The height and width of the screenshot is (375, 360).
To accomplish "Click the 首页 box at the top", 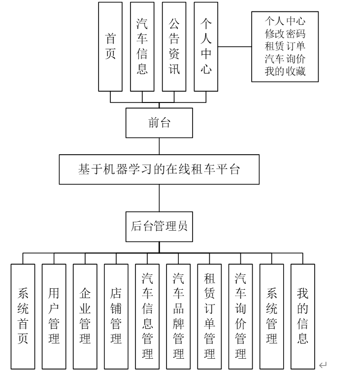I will pyautogui.click(x=111, y=47).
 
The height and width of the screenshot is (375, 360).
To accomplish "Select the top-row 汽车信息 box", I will pyautogui.click(x=142, y=47).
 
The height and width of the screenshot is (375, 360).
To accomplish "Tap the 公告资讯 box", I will pyautogui.click(x=174, y=47).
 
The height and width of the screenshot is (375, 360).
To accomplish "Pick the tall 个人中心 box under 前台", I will pyautogui.click(x=206, y=47).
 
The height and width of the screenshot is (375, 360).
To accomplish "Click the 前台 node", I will pyautogui.click(x=159, y=123).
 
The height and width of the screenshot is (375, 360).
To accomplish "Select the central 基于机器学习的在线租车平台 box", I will pyautogui.click(x=159, y=170).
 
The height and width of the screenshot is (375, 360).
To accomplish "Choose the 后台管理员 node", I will pyautogui.click(x=159, y=227).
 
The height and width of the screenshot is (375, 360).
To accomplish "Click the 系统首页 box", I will pyautogui.click(x=23, y=316).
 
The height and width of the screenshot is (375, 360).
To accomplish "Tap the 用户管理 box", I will pyautogui.click(x=54, y=316).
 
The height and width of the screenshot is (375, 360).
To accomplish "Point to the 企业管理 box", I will pyautogui.click(x=85, y=316).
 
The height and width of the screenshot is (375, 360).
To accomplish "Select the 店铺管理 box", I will pyautogui.click(x=116, y=316).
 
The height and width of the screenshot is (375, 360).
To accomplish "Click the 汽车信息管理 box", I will pyautogui.click(x=147, y=316).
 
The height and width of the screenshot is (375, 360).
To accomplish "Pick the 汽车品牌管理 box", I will pyautogui.click(x=178, y=316).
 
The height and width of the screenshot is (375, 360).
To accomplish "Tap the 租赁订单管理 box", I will pyautogui.click(x=209, y=316).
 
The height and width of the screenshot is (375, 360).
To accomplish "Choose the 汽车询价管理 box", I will pyautogui.click(x=240, y=316).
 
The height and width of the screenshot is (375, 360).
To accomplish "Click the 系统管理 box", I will pyautogui.click(x=271, y=316).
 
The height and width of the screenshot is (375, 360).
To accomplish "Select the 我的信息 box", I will pyautogui.click(x=302, y=316).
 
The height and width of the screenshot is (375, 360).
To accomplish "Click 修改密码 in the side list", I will pyautogui.click(x=285, y=34).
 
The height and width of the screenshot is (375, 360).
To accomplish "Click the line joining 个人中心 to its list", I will pyautogui.click(x=234, y=47).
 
